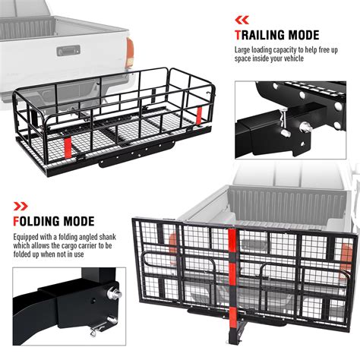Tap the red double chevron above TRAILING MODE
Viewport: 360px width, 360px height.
(241, 18)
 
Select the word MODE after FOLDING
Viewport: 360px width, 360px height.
(99, 223)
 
